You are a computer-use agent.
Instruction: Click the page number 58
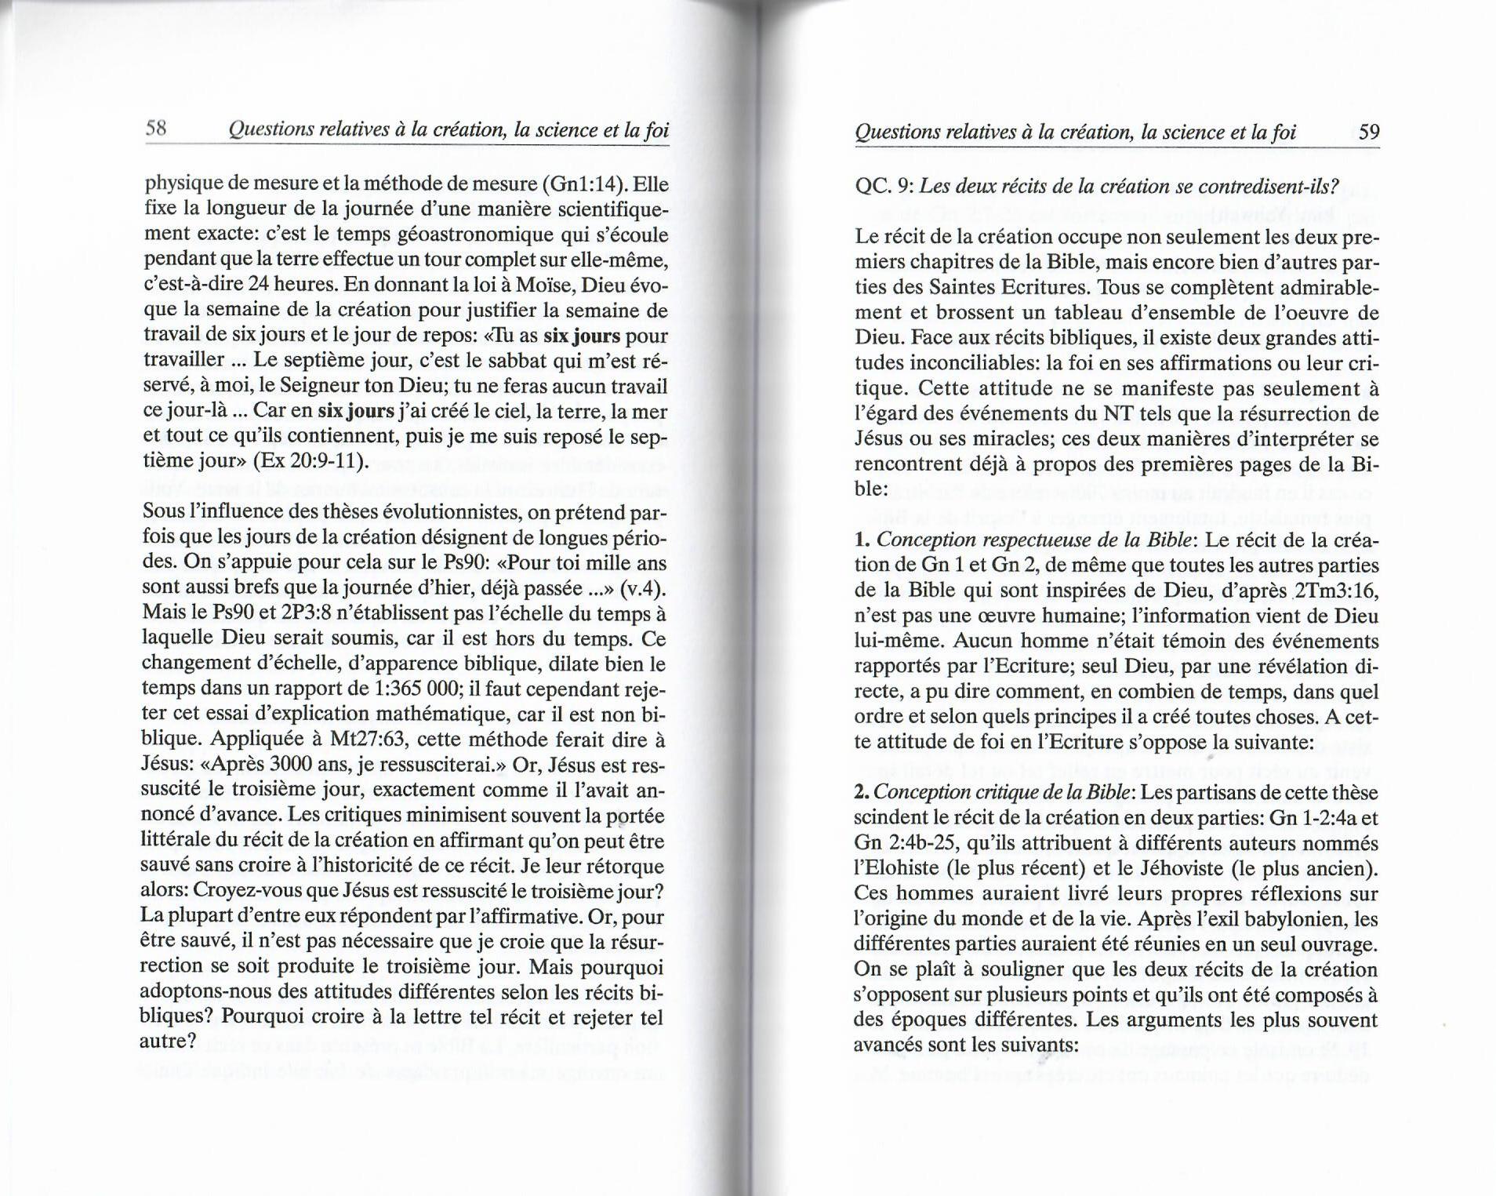(x=157, y=129)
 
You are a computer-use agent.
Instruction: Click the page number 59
(x=1368, y=131)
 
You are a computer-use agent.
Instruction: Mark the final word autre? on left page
(x=167, y=1041)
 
